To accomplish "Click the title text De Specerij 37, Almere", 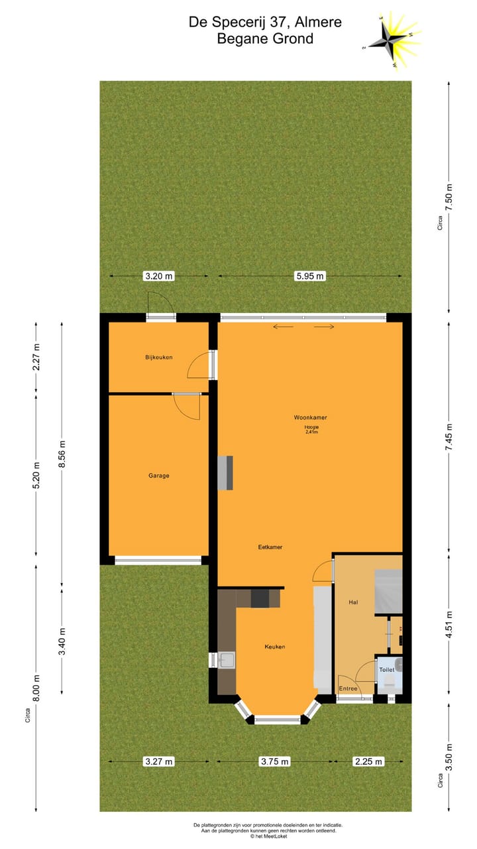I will tap(265, 22).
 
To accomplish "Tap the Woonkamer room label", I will tap(311, 417).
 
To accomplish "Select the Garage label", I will tap(158, 475).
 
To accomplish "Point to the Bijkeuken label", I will tap(159, 358).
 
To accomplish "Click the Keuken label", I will tap(275, 646).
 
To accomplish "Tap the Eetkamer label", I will tap(270, 547).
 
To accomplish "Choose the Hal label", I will tap(353, 602).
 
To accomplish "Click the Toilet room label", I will tap(386, 670).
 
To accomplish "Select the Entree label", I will tap(348, 688).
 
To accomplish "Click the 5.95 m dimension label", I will tap(310, 276).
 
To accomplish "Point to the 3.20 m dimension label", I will tap(158, 276).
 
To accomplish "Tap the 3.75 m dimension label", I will tap(274, 761).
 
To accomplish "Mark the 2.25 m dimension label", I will tap(368, 761).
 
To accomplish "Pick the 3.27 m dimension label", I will tap(158, 761).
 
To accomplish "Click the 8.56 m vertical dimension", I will tap(62, 454).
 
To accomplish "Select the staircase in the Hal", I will tap(388, 591).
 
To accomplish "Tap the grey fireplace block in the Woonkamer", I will tap(226, 472).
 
